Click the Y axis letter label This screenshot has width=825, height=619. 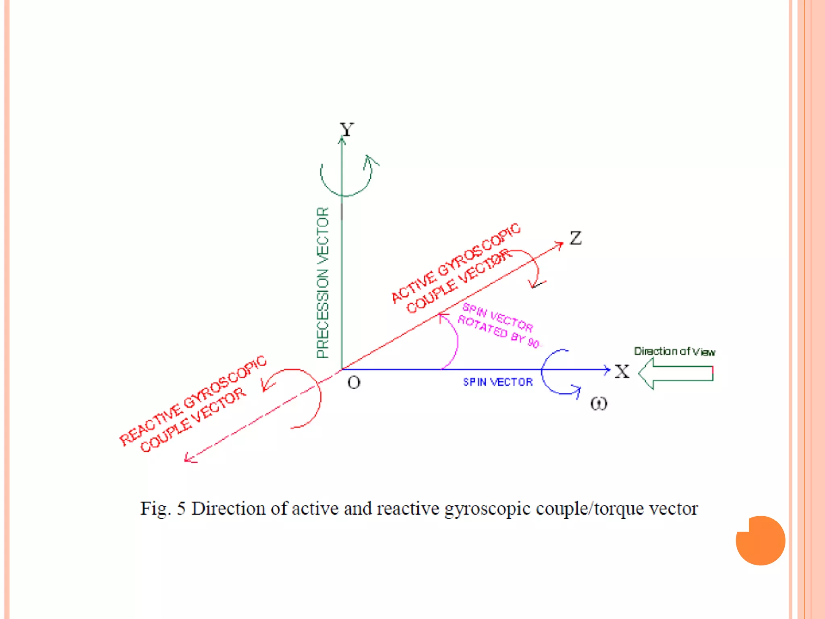[x=346, y=130]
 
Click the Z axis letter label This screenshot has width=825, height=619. [x=576, y=238]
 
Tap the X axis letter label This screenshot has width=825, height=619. [x=622, y=371]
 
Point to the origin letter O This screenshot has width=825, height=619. [x=354, y=382]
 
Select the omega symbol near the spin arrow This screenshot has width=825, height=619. [x=599, y=403]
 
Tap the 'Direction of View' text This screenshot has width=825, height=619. [x=674, y=351]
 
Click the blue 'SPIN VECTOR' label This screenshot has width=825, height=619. [x=497, y=382]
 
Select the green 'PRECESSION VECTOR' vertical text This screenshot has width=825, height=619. [x=323, y=282]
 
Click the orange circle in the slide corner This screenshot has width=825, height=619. [x=761, y=540]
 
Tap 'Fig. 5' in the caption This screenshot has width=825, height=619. [x=163, y=509]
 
